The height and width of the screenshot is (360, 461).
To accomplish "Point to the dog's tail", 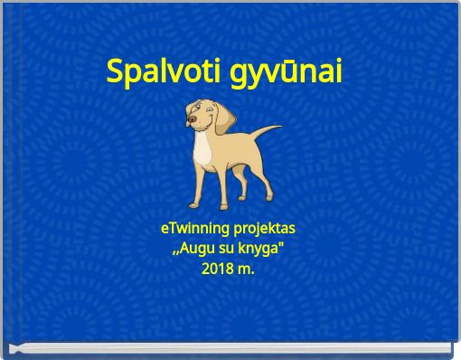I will tap(268, 136).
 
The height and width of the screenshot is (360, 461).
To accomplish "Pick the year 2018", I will tap(218, 269).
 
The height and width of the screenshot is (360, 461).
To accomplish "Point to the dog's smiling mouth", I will tap(198, 123).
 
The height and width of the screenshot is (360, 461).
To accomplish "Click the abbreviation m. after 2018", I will tap(246, 270).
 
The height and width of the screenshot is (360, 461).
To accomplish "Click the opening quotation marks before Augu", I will tap(175, 252).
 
